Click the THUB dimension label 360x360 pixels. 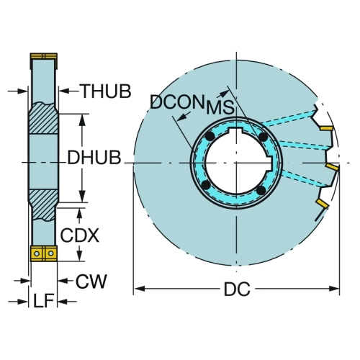coord(107,91)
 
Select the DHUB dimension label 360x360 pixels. coord(94,158)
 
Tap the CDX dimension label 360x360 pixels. coord(79,235)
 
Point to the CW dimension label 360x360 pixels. coord(91,281)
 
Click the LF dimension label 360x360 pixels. coord(43,301)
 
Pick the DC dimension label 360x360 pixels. coord(237,289)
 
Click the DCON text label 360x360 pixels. coord(177,102)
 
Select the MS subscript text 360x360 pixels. coord(220,107)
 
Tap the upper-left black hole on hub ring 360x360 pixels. coord(210,137)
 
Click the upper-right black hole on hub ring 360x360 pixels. coord(264,137)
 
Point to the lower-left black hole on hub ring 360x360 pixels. coord(206,185)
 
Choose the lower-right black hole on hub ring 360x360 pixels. coord(261,191)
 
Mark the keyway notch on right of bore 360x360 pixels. coord(271,163)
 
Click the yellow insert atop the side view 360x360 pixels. coord(44,56)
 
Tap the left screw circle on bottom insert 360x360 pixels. coord(37,253)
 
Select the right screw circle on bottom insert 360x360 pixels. coord(50,253)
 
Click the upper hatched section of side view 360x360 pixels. coord(43,118)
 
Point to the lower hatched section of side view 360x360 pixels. coord(43,205)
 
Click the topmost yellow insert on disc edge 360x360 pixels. coord(326,128)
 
